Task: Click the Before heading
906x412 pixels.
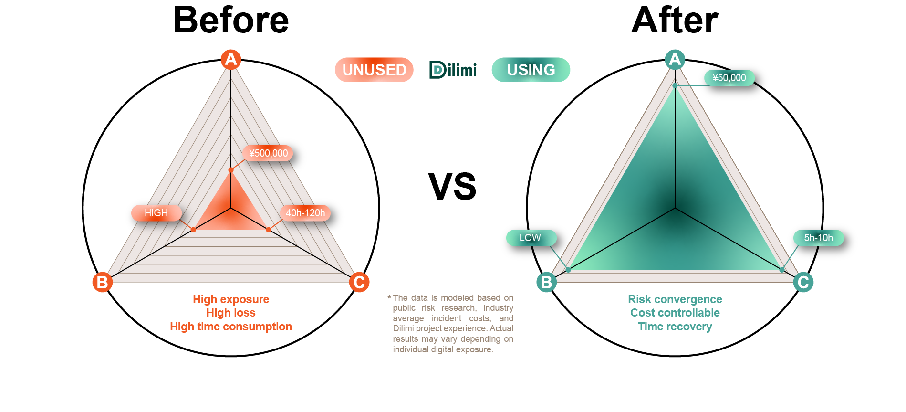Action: coord(231,20)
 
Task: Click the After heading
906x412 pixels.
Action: coord(675,20)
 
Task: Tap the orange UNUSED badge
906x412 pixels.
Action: coord(374,70)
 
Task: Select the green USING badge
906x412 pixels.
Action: coord(531,70)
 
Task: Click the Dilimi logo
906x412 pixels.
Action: coord(453,70)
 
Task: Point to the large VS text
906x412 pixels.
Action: coord(452,186)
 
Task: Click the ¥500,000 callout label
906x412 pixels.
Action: coord(268,153)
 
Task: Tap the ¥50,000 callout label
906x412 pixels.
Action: coord(729,78)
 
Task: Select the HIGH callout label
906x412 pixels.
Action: coord(156,213)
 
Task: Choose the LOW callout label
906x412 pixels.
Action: coord(531,238)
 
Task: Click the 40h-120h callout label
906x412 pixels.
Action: coord(305,213)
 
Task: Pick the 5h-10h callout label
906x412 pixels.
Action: coord(819,238)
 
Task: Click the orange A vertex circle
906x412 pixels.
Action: coord(231,60)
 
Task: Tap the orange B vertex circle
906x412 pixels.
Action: coord(103,282)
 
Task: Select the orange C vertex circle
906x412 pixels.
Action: coord(359,282)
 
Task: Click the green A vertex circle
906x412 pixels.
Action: coord(675,60)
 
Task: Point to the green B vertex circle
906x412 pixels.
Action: coord(547,282)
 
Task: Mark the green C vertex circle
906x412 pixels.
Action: coord(803,282)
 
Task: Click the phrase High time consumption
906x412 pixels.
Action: coord(231,327)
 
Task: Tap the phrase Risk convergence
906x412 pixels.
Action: coord(675,299)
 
